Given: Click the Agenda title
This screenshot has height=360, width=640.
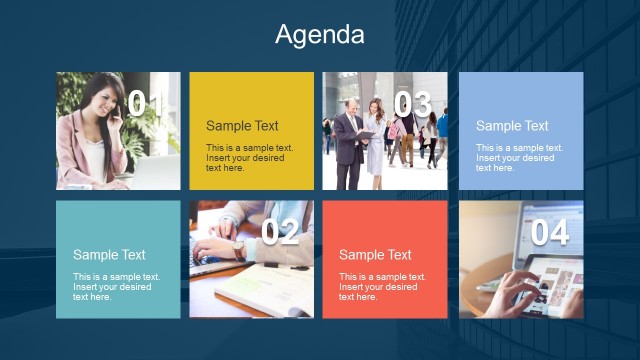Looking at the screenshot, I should coord(320,35).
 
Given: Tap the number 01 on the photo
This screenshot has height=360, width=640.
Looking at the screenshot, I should coord(148,103).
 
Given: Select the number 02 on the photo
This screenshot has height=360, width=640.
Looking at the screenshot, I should coord(280,233).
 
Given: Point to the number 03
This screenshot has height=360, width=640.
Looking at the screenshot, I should coord(412,103).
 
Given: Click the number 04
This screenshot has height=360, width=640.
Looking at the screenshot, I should coord(549,233).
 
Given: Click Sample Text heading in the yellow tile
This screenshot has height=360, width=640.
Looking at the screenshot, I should coord(242,126).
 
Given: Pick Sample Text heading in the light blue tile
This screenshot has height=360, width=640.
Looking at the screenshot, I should coord(512,126).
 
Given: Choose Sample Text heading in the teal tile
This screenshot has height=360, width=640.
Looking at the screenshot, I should coord(109,255).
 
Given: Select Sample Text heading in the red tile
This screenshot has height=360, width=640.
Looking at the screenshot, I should coord(375,255).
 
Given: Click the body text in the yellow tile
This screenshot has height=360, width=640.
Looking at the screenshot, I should coord(245,158).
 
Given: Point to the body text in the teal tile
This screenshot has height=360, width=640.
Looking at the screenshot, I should coord(112,287).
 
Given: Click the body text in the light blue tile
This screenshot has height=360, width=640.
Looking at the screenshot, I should coord(515,158).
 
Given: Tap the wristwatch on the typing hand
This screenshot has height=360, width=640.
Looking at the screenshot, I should coord(238,244).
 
